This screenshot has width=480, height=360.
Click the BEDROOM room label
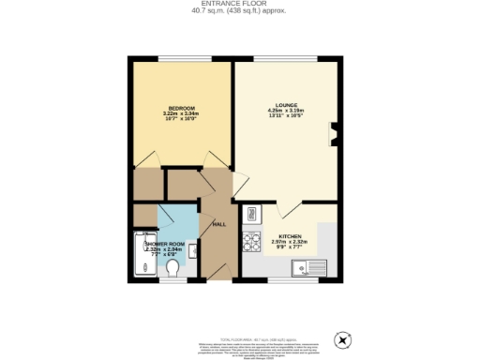click(181, 107)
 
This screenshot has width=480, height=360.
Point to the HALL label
click(219, 225)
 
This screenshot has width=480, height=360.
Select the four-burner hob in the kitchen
click(250, 242)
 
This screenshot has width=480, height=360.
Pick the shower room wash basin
click(193, 250)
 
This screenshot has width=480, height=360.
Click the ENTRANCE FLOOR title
click(239, 5)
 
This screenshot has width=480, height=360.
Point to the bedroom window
click(181, 60)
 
